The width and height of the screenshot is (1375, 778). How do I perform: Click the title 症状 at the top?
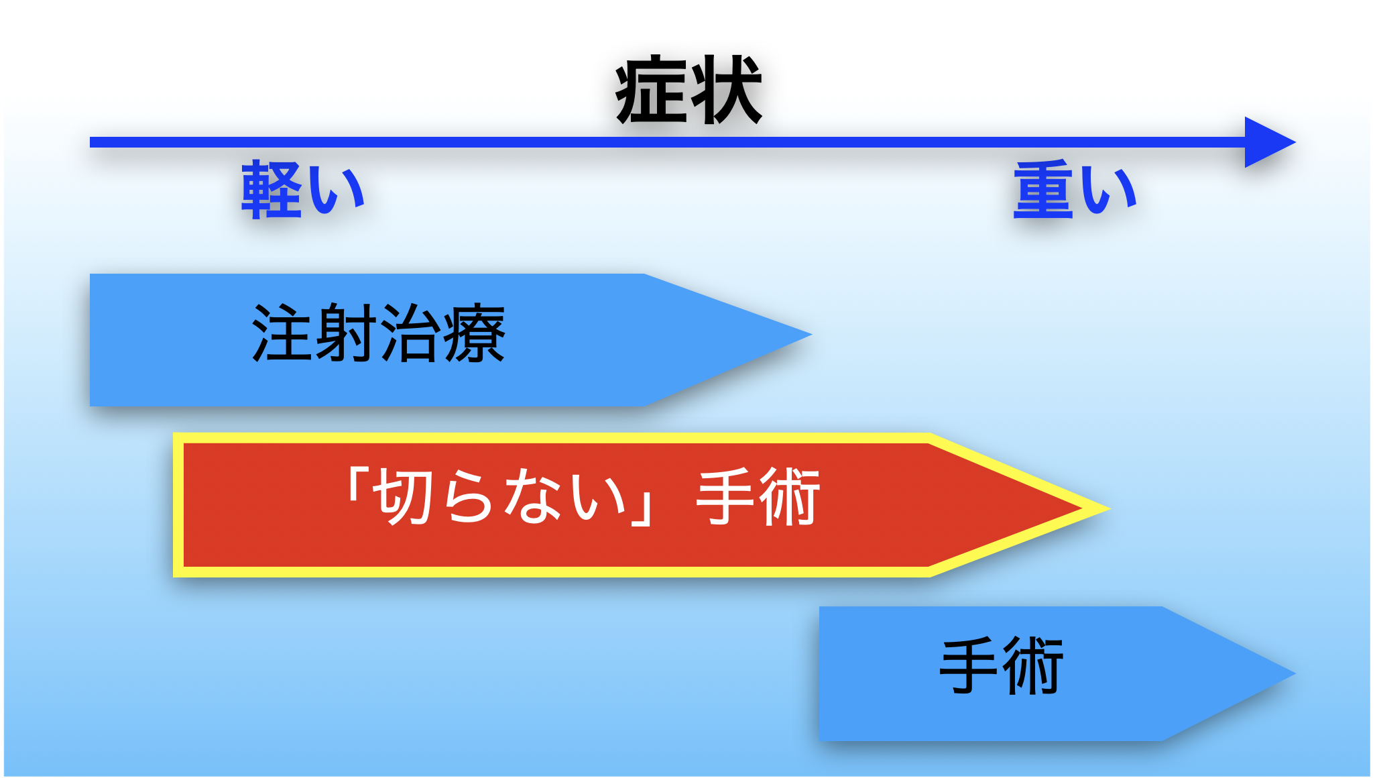pyautogui.click(x=689, y=91)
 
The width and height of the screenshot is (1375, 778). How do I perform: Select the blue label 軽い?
pyautogui.click(x=303, y=190)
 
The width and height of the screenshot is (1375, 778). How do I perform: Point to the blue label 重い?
pyautogui.click(x=1075, y=190)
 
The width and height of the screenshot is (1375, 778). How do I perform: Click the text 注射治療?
pyautogui.click(x=378, y=333)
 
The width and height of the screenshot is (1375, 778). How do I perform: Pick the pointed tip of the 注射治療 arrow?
pyautogui.click(x=811, y=333)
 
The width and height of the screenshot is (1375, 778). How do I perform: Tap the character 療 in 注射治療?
pyautogui.click(x=475, y=333)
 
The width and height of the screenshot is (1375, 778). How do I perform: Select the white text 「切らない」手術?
pyautogui.click(x=583, y=497)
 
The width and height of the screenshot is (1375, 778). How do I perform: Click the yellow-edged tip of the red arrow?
pyautogui.click(x=1109, y=508)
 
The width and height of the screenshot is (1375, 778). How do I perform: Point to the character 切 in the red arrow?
pyautogui.click(x=403, y=497)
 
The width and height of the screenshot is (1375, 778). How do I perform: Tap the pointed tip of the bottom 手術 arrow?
pyautogui.click(x=1295, y=673)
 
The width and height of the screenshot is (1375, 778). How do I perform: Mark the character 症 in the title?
pyautogui.click(x=652, y=91)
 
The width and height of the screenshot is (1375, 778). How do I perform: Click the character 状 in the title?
pyautogui.click(x=726, y=91)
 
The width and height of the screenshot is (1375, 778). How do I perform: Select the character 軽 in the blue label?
pyautogui.click(x=271, y=190)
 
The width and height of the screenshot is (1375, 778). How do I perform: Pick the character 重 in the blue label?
pyautogui.click(x=1043, y=190)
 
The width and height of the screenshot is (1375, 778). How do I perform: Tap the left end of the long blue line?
pyautogui.click(x=91, y=142)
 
